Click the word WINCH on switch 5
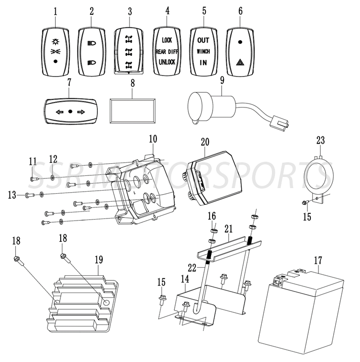click(x=204, y=51)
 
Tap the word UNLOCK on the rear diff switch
click(x=167, y=62)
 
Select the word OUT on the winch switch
click(x=204, y=40)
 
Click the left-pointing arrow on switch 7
click(x=59, y=111)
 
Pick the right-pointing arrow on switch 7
click(x=81, y=111)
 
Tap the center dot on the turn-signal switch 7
click(x=70, y=111)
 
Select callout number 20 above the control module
click(x=205, y=141)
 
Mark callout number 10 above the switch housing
click(x=153, y=138)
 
